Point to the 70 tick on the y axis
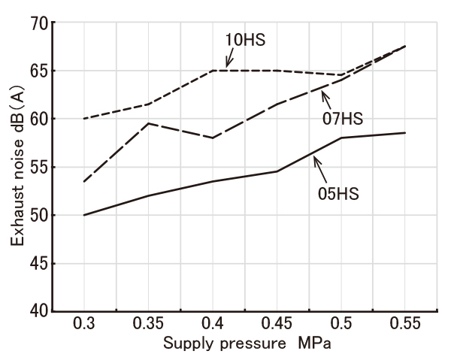click(x=38, y=23)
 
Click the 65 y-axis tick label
click(x=38, y=71)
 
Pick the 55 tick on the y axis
click(x=38, y=167)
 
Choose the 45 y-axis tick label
click(x=38, y=263)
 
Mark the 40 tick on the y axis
click(x=38, y=311)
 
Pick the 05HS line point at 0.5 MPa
click(x=341, y=138)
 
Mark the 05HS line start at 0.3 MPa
click(x=84, y=215)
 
